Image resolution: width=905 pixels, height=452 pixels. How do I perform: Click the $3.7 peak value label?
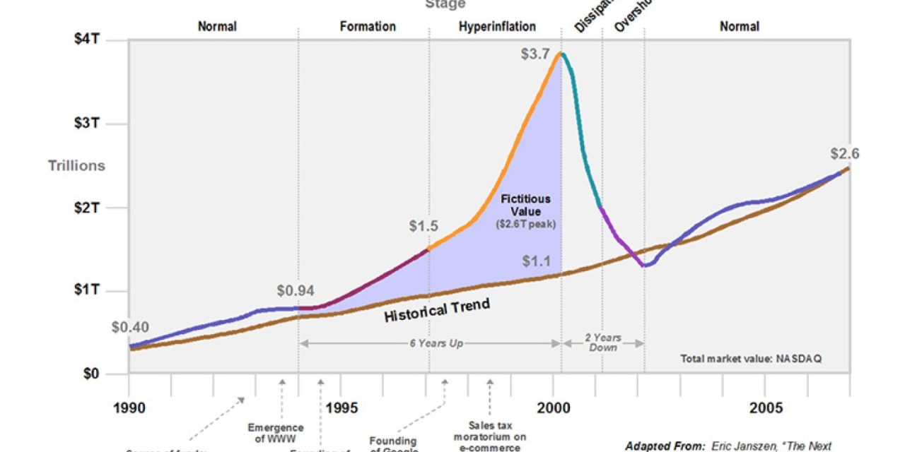[x=535, y=54]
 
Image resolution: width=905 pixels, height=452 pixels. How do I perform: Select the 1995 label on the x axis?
[x=341, y=408]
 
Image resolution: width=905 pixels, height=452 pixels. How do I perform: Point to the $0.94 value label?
[x=296, y=290]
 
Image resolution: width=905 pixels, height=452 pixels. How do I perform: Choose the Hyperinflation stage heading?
[x=497, y=26]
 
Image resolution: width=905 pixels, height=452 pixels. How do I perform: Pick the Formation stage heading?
[x=368, y=26]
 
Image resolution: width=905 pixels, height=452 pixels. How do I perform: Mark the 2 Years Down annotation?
[x=602, y=343]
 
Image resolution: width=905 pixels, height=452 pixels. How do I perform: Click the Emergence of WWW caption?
[x=276, y=433]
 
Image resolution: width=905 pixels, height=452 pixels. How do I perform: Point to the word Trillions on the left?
[x=76, y=165]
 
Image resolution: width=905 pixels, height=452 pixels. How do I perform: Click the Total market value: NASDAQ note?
[x=751, y=359]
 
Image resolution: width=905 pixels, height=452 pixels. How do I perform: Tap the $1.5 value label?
[x=424, y=227]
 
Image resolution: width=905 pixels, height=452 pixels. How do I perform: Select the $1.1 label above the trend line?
[x=537, y=261]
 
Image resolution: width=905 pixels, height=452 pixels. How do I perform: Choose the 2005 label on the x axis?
[x=766, y=408]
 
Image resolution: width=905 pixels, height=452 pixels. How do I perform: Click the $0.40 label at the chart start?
[x=130, y=328]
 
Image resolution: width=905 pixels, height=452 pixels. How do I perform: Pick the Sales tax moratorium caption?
[x=490, y=436]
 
